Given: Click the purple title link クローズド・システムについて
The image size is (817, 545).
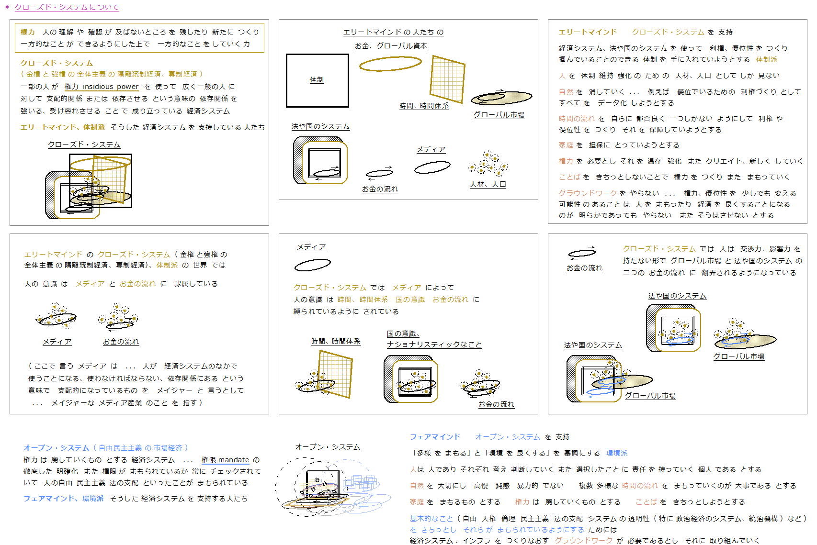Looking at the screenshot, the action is pos(67,7).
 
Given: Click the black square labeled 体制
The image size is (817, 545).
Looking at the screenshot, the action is pos(318,80).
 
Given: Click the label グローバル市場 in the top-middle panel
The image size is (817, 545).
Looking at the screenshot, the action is pos(499,115).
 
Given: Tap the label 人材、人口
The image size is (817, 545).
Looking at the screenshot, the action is pos(488,184).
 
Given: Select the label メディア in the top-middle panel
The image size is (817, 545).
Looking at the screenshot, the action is pos(431,149).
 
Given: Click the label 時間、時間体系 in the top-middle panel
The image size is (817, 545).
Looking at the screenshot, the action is pos(424,106).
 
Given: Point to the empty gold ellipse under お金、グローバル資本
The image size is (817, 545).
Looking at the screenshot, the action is pos(390,64).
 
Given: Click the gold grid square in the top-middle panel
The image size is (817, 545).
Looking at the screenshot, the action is pos(447,79).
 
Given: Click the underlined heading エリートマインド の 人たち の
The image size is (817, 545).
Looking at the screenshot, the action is pos(393,32).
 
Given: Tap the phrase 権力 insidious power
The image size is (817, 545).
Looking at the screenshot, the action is pos(102,87).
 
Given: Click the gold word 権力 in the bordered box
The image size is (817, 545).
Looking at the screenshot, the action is pos(28,32).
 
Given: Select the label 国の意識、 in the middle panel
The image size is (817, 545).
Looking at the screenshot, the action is pos(403,334).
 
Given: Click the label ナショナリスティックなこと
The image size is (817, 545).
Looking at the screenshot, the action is pos(434,345).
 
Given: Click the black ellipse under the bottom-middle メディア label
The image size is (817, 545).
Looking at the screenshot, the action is pos(313,265).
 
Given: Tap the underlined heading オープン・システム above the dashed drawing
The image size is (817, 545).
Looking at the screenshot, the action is pos(328,447).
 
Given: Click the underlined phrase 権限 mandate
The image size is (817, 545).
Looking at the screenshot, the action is pos(226,460).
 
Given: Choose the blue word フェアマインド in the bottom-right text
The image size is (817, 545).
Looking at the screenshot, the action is pos(435,437).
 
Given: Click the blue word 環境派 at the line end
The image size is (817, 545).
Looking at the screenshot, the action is pos(617,453).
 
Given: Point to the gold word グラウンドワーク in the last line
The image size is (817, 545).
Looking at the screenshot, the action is pos(584,541).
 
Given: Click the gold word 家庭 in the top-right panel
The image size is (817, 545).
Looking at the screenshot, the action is pos(566,145).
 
